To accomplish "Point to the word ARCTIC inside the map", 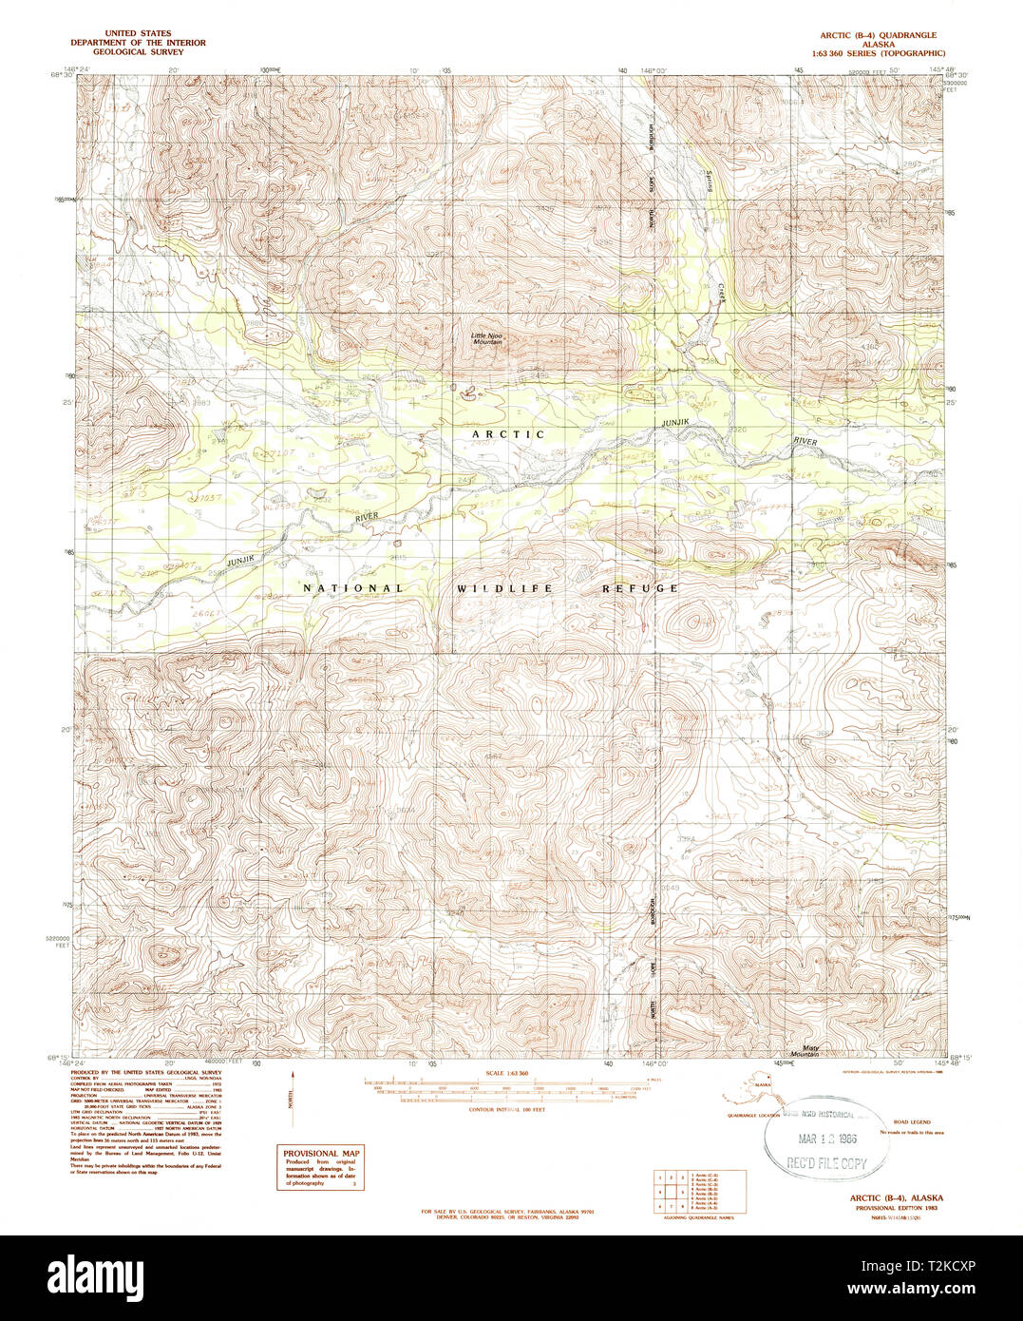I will (x=509, y=434).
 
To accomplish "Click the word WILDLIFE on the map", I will (x=503, y=588).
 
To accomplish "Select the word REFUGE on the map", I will (x=640, y=588).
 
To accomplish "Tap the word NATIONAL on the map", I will (x=352, y=588).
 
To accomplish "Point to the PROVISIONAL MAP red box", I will (x=320, y=1167).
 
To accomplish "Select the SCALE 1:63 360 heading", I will (x=506, y=1073).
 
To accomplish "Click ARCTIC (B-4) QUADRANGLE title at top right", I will (x=872, y=34).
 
